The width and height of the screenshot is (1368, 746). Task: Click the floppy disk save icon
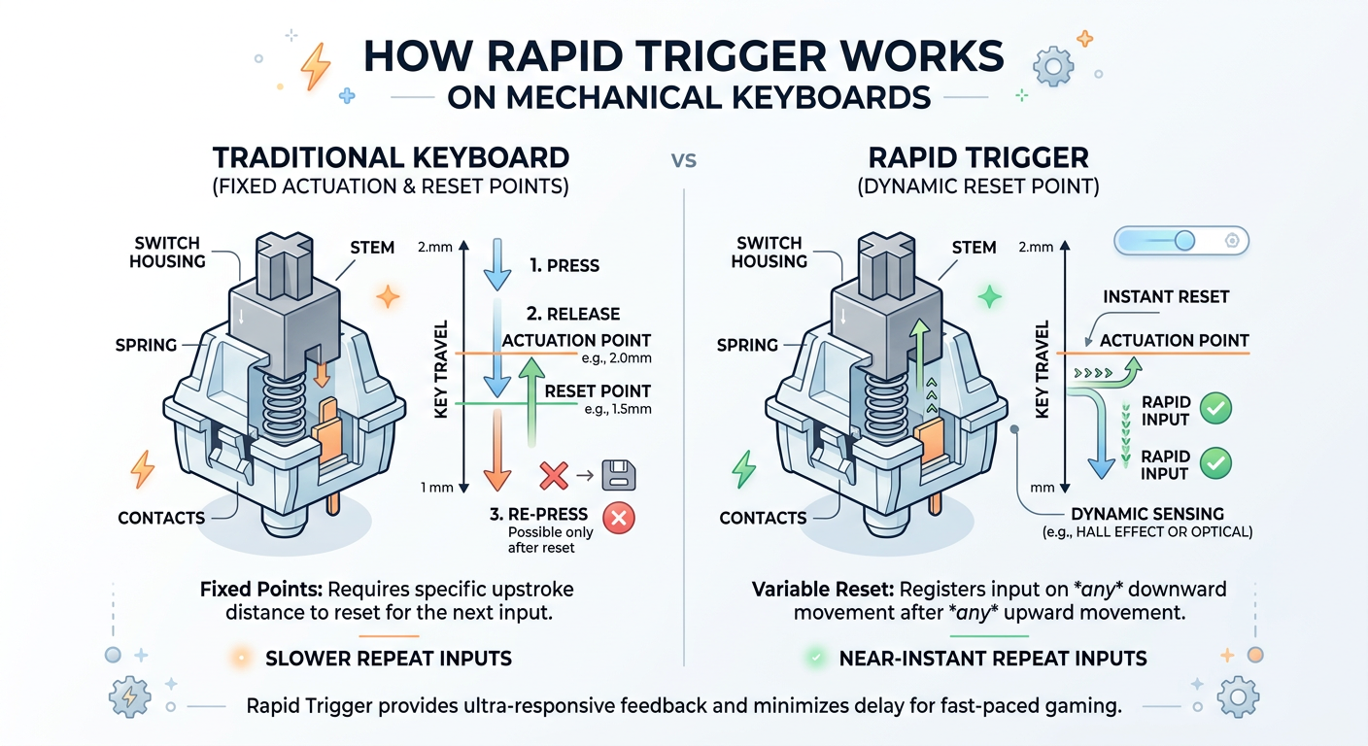[x=619, y=475]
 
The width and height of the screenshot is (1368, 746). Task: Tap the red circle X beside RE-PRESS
[x=618, y=518]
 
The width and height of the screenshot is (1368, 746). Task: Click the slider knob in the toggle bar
[x=1183, y=241]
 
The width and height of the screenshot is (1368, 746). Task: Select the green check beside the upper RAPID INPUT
[x=1215, y=409]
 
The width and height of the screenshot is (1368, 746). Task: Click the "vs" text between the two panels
[x=684, y=159]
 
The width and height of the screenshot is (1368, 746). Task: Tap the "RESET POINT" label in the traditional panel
[x=598, y=390]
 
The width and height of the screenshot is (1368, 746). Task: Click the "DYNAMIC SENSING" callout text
[x=1147, y=514]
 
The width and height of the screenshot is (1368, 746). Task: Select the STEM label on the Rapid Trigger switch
[x=975, y=247]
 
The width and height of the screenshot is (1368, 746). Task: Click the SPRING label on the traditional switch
[x=146, y=345]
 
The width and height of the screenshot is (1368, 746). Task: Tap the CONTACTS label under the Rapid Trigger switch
[x=763, y=518]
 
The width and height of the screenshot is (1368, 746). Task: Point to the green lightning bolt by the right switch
[x=743, y=469]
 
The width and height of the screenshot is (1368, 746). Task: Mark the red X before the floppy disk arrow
[x=553, y=475]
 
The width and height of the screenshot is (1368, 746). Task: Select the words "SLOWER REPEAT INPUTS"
[x=388, y=659]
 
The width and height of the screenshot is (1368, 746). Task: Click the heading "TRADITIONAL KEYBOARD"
[x=392, y=157]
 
